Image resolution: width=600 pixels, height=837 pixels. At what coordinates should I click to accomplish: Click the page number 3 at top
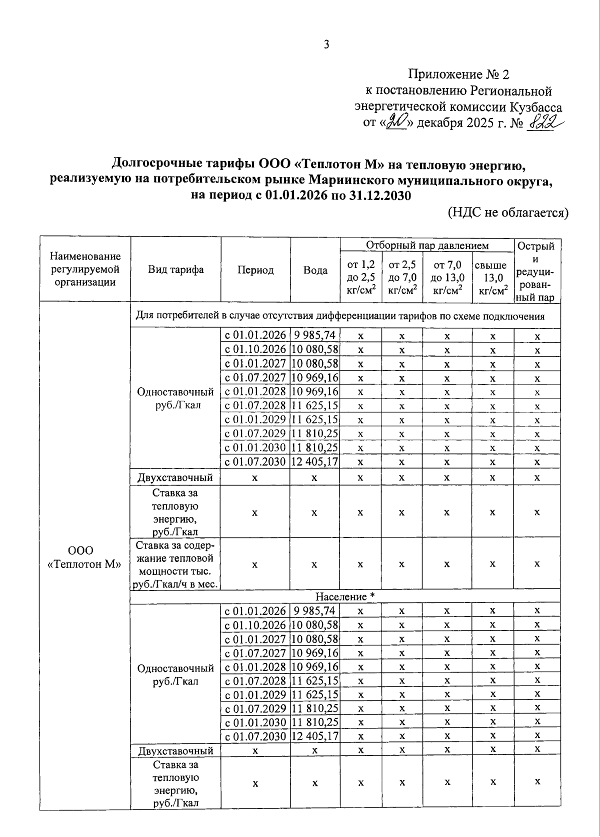coord(326,45)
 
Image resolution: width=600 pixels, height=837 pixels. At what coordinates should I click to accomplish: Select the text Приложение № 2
coord(458,75)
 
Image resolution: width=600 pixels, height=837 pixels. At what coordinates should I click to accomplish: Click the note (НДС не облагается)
coord(508,212)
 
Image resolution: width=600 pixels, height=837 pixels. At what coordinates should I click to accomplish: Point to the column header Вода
coord(315,270)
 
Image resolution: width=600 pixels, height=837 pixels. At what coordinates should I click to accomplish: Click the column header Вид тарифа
coord(175,270)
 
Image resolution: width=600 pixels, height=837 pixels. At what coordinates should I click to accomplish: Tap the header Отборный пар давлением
coord(427,245)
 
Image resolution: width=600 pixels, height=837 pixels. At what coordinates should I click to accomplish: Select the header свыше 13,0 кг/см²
coord(492,277)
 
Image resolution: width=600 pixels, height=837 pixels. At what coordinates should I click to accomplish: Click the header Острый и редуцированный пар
coord(536,271)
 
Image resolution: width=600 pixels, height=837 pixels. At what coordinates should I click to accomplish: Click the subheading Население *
coord(345,597)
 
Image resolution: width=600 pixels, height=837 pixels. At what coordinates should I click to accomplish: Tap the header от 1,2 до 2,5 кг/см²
coord(361,277)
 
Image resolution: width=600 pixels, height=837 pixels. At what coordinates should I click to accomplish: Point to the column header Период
coord(255,270)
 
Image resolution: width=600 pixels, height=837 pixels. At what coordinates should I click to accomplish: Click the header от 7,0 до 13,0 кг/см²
coord(447,277)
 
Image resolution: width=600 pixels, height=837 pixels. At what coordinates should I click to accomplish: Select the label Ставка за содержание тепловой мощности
coord(175,564)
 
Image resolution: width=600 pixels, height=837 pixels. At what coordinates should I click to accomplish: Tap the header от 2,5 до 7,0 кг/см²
coord(402,277)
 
